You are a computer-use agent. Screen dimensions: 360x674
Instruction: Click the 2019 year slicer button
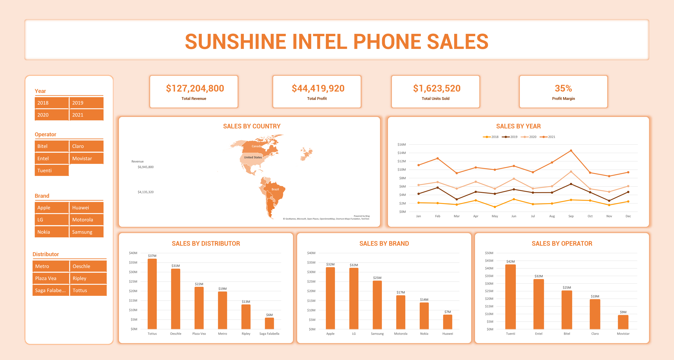(x=86, y=103)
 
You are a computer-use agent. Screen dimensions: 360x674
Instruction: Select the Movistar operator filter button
(x=86, y=158)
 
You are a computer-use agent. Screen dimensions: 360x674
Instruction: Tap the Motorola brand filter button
(x=86, y=220)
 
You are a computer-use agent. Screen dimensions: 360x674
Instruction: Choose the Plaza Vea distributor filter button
(x=51, y=278)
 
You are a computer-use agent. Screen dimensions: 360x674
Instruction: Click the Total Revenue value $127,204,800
(x=195, y=89)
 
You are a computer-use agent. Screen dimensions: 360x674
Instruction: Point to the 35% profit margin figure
(x=563, y=89)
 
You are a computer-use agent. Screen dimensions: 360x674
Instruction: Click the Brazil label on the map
(x=275, y=189)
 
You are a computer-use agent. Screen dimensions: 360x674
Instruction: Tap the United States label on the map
(x=253, y=157)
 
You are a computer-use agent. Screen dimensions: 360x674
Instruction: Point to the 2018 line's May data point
(x=495, y=207)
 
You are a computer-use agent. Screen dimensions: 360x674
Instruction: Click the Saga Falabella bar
(x=269, y=323)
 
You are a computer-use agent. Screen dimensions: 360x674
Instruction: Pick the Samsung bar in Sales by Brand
(x=377, y=305)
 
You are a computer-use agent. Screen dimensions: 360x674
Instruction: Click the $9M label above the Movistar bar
(x=623, y=312)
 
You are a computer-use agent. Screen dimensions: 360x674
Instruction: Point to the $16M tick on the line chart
(x=401, y=144)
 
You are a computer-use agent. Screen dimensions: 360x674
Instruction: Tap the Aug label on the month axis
(x=552, y=216)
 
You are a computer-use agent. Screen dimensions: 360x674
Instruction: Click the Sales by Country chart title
(x=252, y=126)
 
